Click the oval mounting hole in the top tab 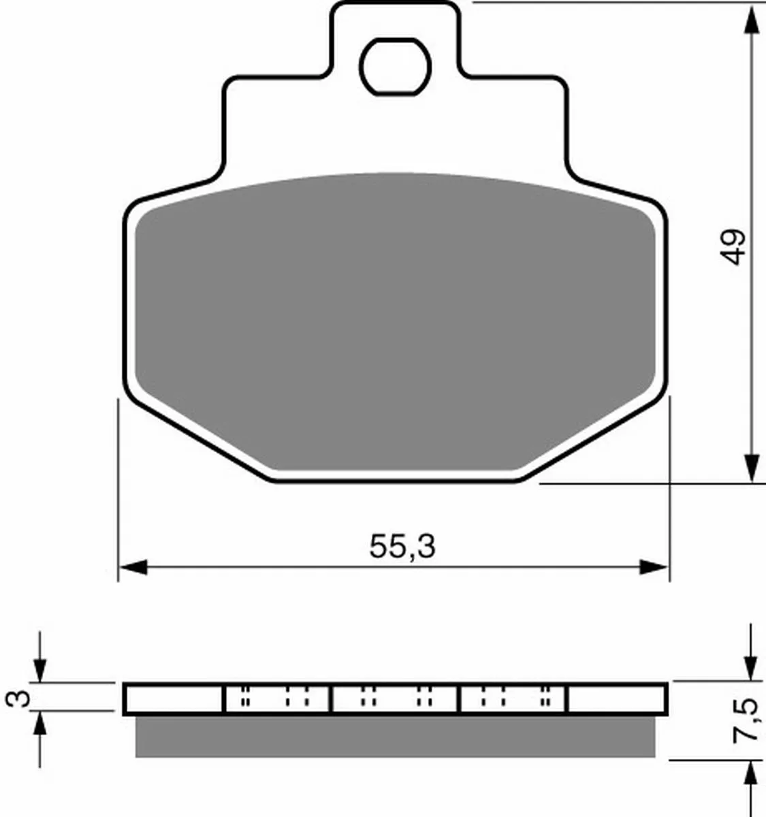395,67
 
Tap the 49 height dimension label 733,247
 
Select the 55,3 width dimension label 402,547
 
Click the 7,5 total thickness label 746,720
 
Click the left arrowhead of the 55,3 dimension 133,567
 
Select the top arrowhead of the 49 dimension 752,20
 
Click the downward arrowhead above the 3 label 40,670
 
